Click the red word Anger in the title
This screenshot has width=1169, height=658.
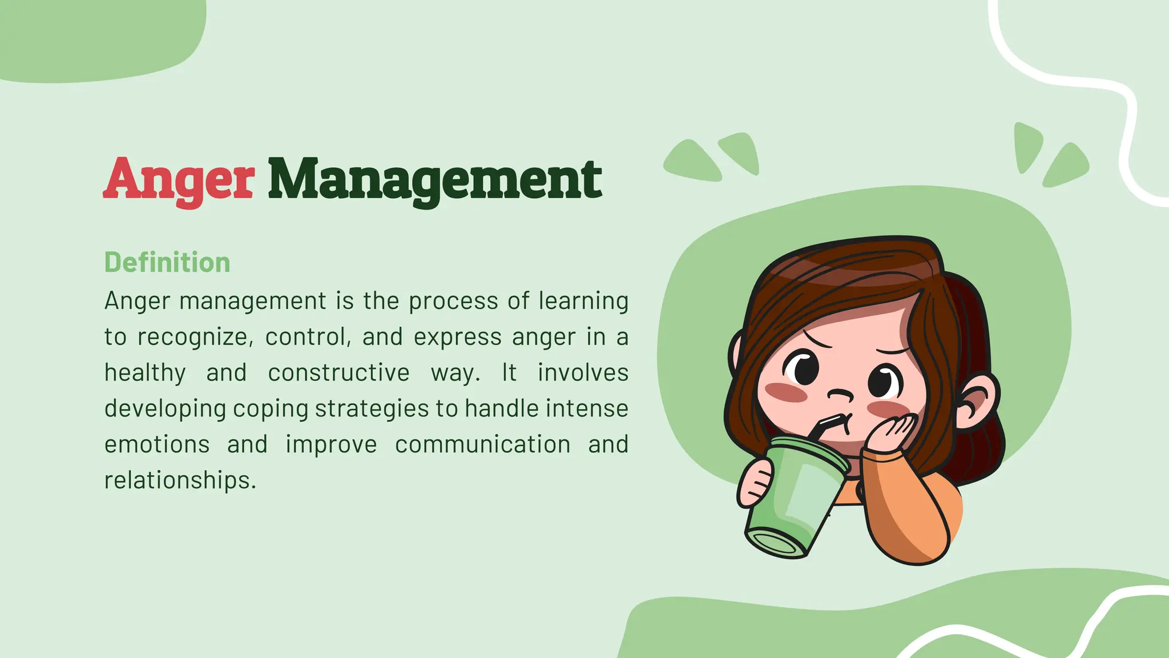(x=179, y=180)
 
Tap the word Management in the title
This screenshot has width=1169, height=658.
(x=435, y=180)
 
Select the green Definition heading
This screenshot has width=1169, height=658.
(x=167, y=263)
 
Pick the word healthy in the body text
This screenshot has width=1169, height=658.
(x=145, y=373)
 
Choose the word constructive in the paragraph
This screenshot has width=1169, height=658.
(x=339, y=373)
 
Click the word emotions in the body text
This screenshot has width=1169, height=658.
(x=157, y=444)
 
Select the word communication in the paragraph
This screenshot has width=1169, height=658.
(x=483, y=444)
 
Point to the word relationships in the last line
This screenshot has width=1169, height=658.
(x=180, y=480)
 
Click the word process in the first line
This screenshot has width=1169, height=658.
(x=453, y=301)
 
